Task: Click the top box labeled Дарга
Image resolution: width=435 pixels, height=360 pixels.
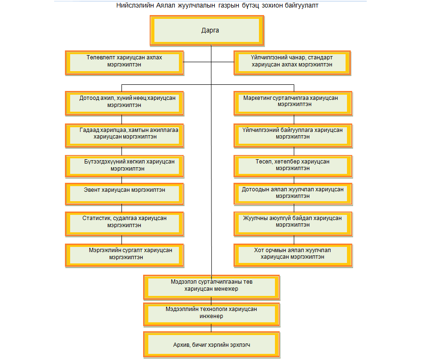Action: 207,31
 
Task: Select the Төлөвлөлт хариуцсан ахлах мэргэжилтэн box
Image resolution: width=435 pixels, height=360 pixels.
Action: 124,63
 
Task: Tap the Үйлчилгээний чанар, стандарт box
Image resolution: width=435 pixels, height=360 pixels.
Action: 292,63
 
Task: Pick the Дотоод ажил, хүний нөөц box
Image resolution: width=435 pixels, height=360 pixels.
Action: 124,103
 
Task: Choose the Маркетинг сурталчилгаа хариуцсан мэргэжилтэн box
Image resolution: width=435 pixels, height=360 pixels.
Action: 293,103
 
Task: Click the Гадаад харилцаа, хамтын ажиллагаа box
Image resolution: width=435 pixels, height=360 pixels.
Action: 124,136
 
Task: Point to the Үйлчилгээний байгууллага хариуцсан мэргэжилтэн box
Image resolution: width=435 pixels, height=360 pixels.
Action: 293,136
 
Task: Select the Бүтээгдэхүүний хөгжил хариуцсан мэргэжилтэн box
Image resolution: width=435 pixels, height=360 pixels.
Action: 124,166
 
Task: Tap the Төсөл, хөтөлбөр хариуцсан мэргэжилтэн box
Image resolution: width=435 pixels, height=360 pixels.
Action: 293,166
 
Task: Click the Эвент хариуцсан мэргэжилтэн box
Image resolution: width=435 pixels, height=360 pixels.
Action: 124,194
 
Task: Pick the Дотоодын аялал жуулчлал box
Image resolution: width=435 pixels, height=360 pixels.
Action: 293,194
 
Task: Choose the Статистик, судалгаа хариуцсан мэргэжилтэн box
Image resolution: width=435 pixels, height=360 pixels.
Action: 124,224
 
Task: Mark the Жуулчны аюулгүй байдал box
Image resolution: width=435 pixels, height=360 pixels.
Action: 293,224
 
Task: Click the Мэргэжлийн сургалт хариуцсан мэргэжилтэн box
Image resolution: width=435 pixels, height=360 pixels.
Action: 124,255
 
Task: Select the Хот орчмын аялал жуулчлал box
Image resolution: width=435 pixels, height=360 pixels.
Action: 293,255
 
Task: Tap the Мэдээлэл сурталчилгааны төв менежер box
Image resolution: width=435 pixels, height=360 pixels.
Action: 211,287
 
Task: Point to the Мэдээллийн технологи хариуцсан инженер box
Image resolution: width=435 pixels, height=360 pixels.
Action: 211,314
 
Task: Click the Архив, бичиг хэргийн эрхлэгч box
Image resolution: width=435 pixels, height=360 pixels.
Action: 211,344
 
